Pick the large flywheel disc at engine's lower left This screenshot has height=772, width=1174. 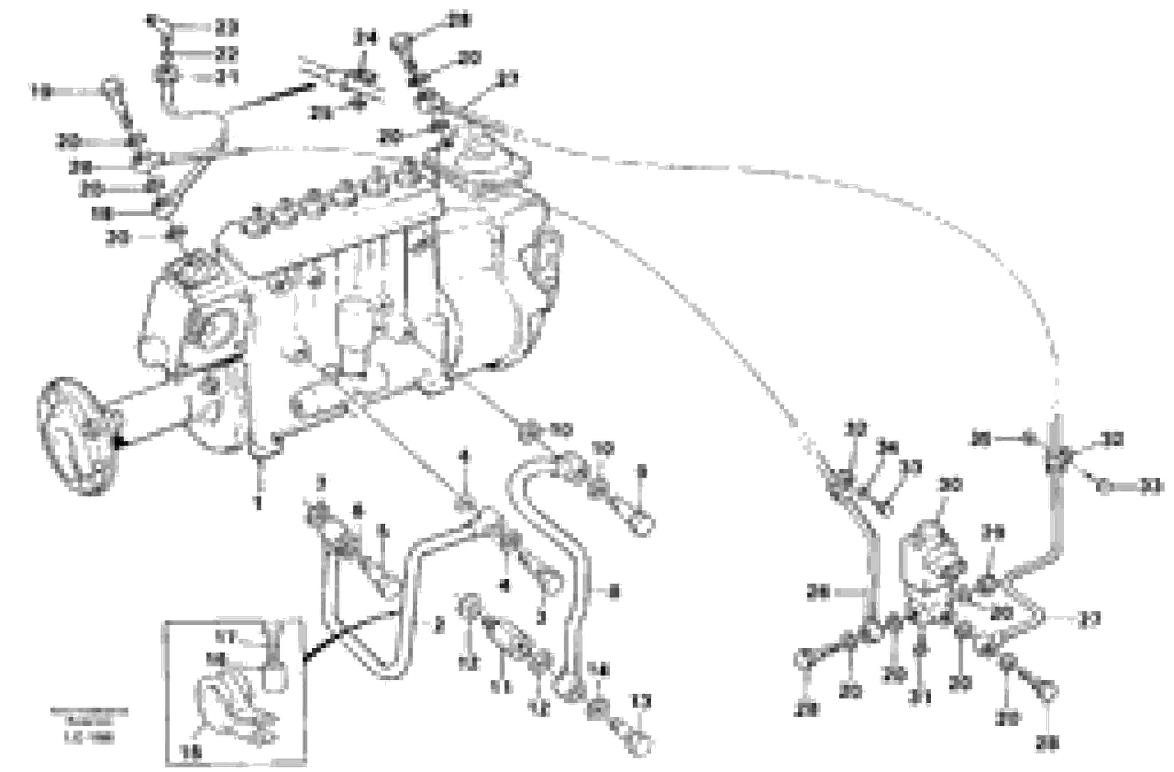click(76, 437)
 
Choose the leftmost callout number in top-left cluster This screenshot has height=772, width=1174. click(42, 92)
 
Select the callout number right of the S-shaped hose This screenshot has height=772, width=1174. click(615, 591)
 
